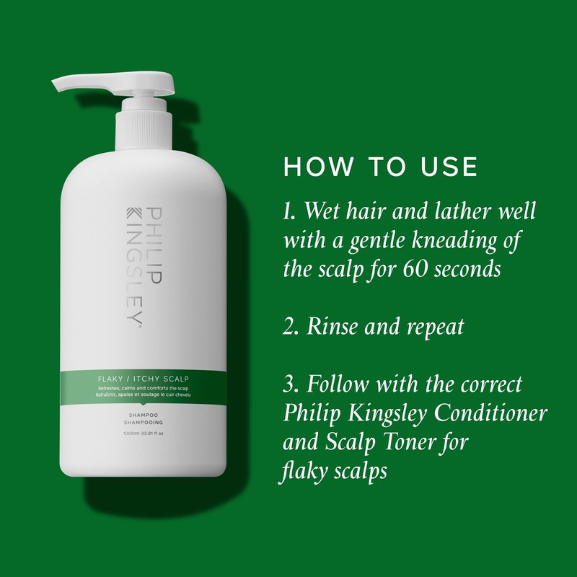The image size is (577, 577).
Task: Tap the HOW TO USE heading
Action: [x=381, y=166]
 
